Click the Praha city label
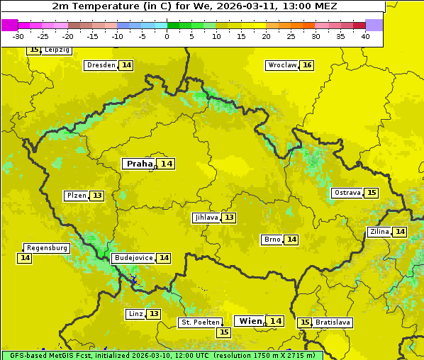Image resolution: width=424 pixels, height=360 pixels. pyautogui.click(x=139, y=164)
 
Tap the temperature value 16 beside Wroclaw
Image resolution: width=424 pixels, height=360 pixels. pyautogui.click(x=306, y=65)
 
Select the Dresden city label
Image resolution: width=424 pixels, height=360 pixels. pyautogui.click(x=101, y=65)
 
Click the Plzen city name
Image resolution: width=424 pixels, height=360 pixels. pyautogui.click(x=76, y=196)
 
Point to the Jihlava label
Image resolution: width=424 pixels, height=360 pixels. pyautogui.click(x=206, y=218)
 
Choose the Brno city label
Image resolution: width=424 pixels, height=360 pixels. pyautogui.click(x=272, y=240)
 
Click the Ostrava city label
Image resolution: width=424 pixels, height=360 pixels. pyautogui.click(x=347, y=193)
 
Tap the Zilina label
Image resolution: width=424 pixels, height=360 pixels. pyautogui.click(x=379, y=232)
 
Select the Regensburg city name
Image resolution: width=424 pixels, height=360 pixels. pyautogui.click(x=47, y=248)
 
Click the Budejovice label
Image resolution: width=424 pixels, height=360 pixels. pyautogui.click(x=133, y=258)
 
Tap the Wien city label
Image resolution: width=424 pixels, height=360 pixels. pyautogui.click(x=250, y=321)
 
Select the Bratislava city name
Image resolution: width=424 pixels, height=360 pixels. pyautogui.click(x=333, y=322)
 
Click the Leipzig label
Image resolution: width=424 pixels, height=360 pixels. pyautogui.click(x=57, y=50)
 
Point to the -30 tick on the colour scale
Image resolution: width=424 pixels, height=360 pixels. pyautogui.click(x=18, y=36)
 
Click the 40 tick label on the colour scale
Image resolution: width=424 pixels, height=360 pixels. pyautogui.click(x=365, y=36)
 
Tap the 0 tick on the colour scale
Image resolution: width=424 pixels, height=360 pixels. pyautogui.click(x=167, y=36)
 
